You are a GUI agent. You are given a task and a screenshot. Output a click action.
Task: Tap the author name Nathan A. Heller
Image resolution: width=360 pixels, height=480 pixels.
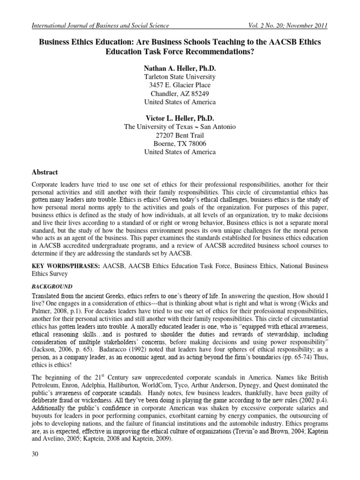click(x=180, y=67)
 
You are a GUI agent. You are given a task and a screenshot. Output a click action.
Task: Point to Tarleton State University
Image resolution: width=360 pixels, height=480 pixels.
click(x=180, y=76)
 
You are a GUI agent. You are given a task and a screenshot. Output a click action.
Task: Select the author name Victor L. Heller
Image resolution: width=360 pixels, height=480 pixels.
click(x=180, y=118)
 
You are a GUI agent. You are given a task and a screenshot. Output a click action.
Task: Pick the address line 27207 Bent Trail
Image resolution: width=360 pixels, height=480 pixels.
click(x=180, y=135)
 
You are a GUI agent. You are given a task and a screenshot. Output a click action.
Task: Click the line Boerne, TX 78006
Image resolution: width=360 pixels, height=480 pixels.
click(x=180, y=143)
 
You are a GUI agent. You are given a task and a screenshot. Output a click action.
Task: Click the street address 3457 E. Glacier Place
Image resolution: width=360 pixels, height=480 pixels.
click(x=180, y=85)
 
